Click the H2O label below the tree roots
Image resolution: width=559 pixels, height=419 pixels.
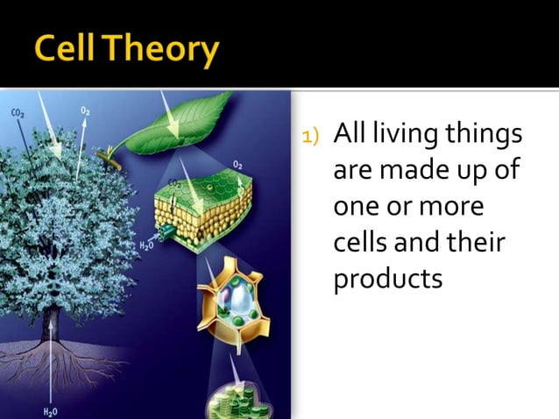coord(52,408)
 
